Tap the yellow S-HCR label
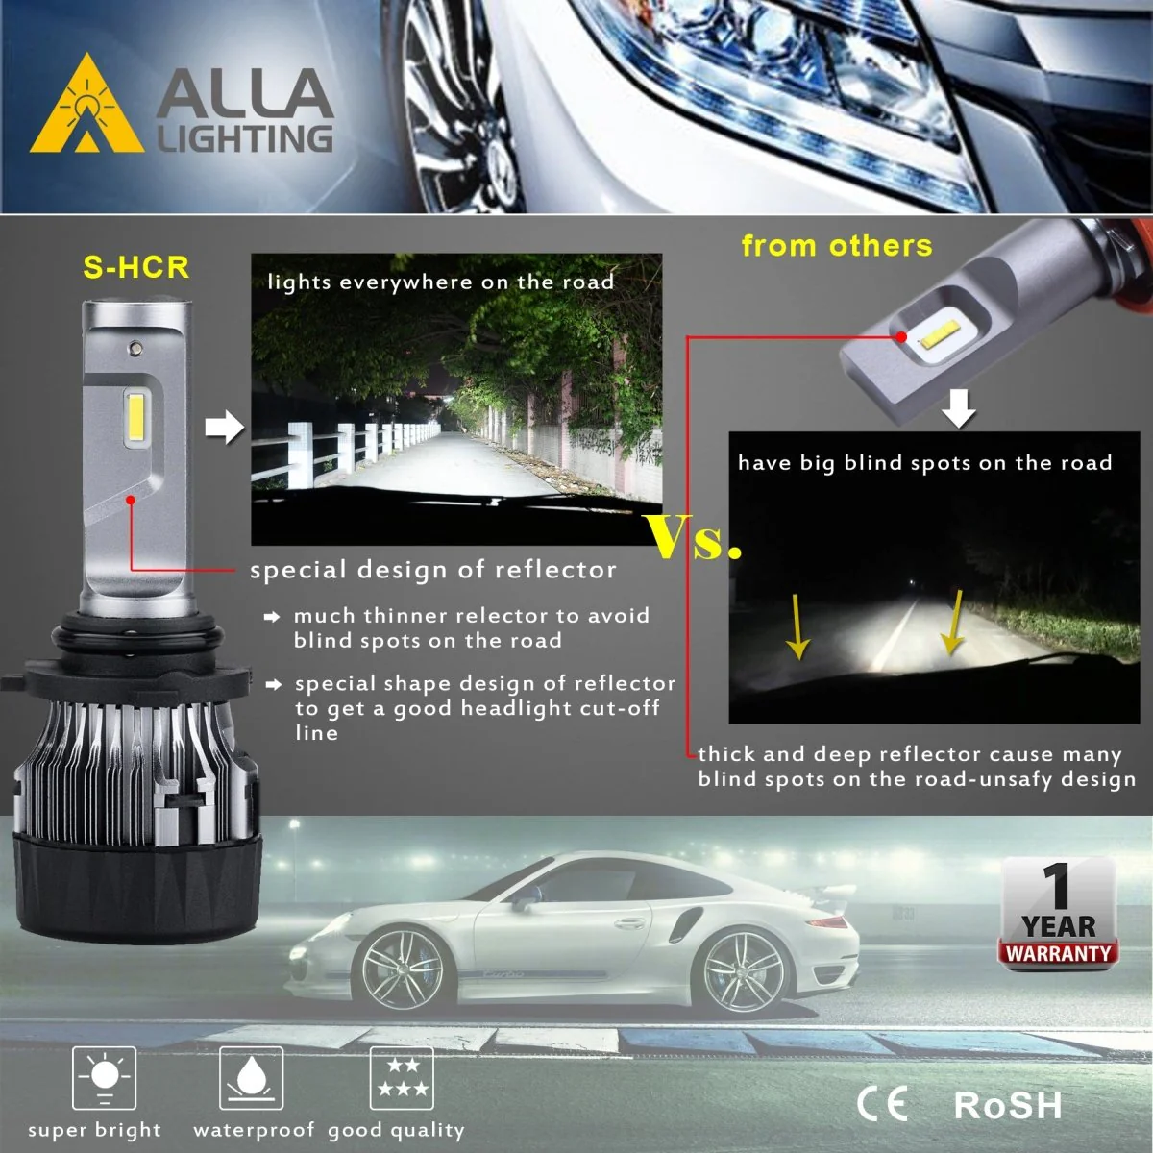[135, 267]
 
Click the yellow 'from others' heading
[837, 245]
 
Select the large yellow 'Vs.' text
[694, 537]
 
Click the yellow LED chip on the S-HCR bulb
[136, 417]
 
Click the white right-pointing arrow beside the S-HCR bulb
[225, 428]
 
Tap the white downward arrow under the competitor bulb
[959, 408]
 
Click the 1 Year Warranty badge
[1058, 914]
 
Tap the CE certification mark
[882, 1104]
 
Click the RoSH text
[1008, 1105]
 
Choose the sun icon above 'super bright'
[104, 1078]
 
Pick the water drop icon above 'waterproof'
[252, 1078]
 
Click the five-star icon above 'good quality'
[402, 1078]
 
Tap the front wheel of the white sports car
[402, 969]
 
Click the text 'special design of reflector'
[433, 570]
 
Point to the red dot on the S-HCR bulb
[131, 500]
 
